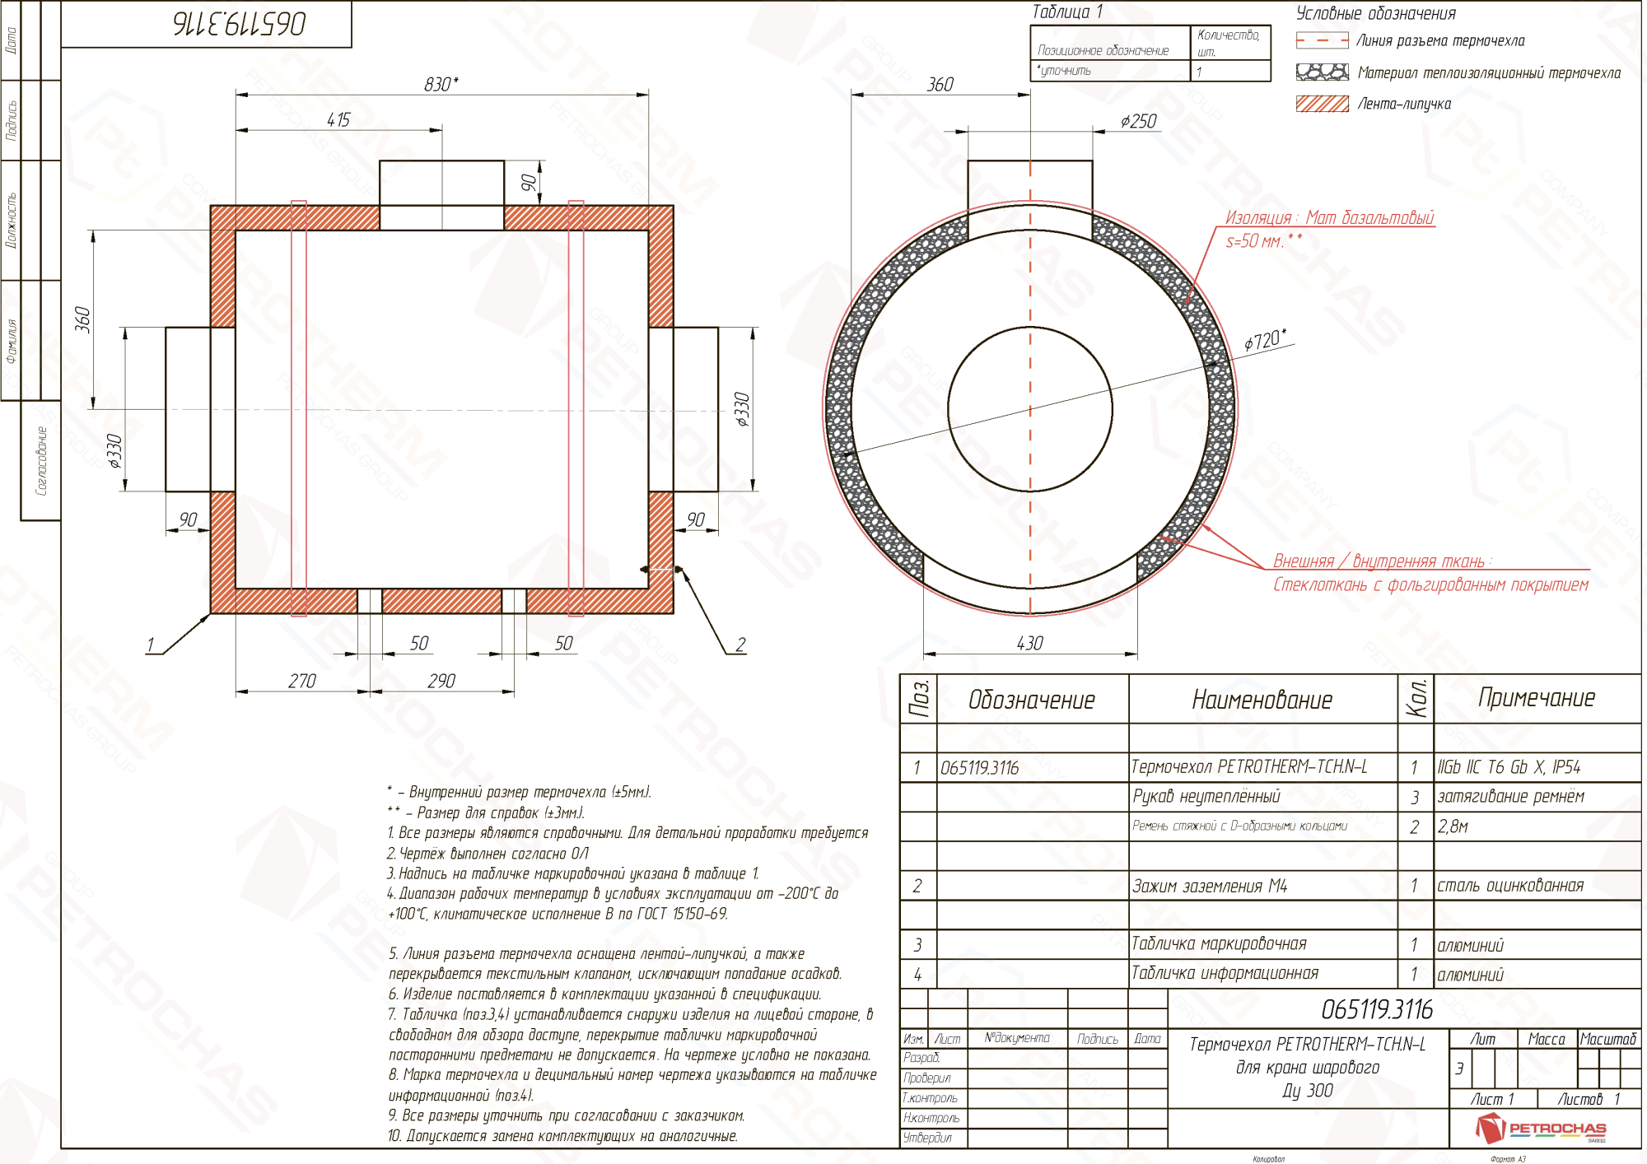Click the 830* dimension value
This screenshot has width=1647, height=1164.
pyautogui.click(x=441, y=84)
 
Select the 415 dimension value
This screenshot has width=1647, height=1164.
pyautogui.click(x=338, y=120)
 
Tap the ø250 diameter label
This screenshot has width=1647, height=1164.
pyautogui.click(x=1138, y=122)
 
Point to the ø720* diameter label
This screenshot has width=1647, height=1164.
pyautogui.click(x=1264, y=339)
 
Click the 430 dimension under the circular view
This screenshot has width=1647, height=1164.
pyautogui.click(x=1029, y=643)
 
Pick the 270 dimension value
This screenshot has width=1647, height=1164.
pyautogui.click(x=301, y=681)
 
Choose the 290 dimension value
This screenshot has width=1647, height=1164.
pyautogui.click(x=441, y=681)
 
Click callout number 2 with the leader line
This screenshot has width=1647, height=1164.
pyautogui.click(x=740, y=645)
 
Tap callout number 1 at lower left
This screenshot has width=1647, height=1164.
pyautogui.click(x=150, y=645)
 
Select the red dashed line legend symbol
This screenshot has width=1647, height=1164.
pyautogui.click(x=1322, y=40)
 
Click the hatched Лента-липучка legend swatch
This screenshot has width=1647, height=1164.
pyautogui.click(x=1322, y=104)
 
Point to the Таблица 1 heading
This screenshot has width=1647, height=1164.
pyautogui.click(x=1067, y=12)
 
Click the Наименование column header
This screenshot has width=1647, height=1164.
pyautogui.click(x=1262, y=700)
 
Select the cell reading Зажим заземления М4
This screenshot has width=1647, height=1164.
pyautogui.click(x=1209, y=886)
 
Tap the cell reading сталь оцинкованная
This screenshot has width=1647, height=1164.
pyautogui.click(x=1510, y=886)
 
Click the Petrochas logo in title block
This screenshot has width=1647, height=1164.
pyautogui.click(x=1540, y=1128)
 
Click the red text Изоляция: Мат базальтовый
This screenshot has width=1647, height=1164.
pyautogui.click(x=1329, y=217)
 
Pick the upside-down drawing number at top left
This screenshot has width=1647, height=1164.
pyautogui.click(x=240, y=24)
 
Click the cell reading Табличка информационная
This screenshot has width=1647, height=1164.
pyautogui.click(x=1225, y=973)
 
